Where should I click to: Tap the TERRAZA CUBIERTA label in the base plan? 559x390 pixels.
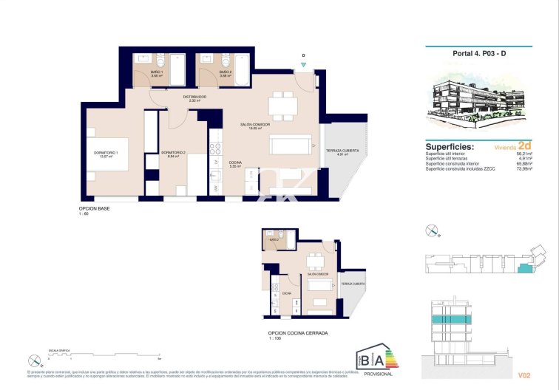point(342,151)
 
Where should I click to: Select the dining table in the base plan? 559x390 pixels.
point(283,106)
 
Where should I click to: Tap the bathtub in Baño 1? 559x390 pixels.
point(178,70)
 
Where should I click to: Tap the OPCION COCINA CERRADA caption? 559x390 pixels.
point(297,333)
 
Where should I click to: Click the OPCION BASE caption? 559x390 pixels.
point(95,208)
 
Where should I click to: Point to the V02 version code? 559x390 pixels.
point(524,375)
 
